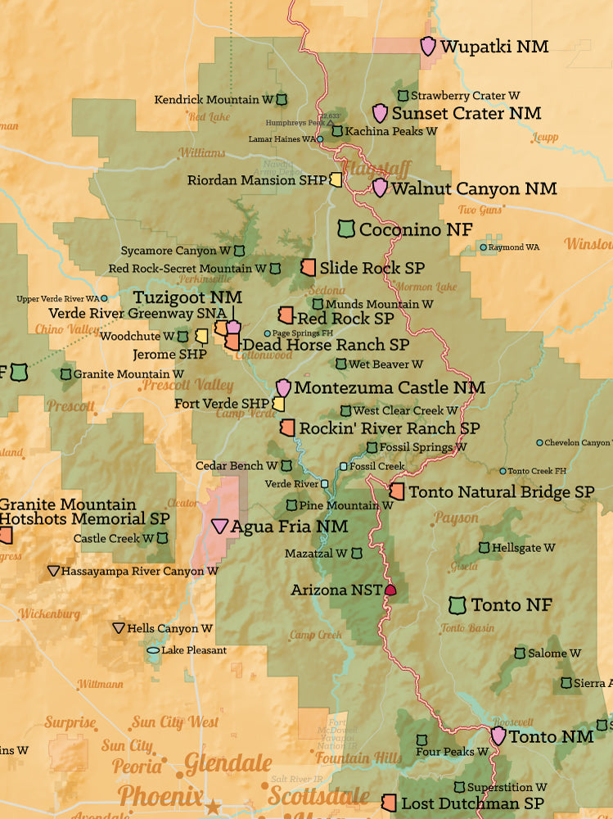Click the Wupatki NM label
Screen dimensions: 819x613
494,47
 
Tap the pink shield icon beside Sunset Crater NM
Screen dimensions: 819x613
380,114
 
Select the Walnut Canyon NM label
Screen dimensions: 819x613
474,189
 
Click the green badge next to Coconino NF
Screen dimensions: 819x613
346,229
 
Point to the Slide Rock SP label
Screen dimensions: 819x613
372,268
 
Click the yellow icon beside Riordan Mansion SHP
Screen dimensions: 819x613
336,180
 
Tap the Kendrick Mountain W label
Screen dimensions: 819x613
214,100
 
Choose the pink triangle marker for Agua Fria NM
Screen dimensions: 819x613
220,527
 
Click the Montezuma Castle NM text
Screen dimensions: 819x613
389,387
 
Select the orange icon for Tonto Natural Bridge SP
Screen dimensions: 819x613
397,491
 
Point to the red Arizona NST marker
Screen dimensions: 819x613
390,590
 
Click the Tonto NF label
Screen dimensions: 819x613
512,605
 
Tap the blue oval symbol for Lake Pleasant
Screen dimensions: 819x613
153,651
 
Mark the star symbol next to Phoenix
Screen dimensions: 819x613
213,806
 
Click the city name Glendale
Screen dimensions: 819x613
228,764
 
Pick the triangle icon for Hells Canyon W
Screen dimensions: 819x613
119,628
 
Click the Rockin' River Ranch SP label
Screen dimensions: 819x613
389,428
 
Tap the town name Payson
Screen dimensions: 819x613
456,518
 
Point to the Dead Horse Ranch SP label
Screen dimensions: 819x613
325,345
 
